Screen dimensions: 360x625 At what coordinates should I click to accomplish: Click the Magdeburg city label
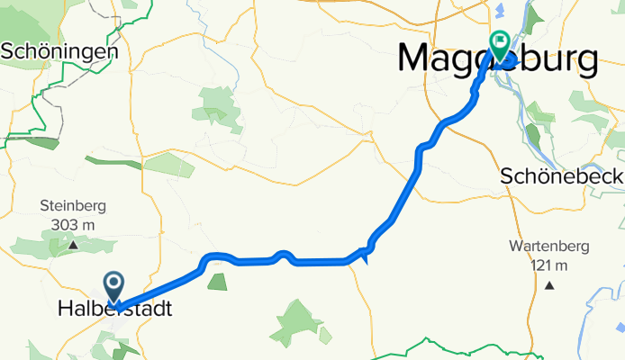click(x=497, y=60)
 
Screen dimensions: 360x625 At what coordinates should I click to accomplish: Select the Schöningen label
click(x=59, y=51)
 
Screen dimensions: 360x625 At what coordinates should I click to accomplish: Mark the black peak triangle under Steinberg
click(x=73, y=243)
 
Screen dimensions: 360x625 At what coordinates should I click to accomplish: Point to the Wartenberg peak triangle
click(x=548, y=284)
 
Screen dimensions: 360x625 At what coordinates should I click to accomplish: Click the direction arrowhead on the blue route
click(x=365, y=256)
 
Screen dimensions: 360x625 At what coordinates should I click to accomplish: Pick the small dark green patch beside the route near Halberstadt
click(x=217, y=283)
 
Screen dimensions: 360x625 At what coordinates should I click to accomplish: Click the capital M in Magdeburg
click(x=417, y=59)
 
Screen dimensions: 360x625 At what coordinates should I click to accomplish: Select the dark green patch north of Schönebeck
click(x=531, y=135)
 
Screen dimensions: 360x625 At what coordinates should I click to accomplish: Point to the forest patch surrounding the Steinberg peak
click(x=54, y=241)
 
